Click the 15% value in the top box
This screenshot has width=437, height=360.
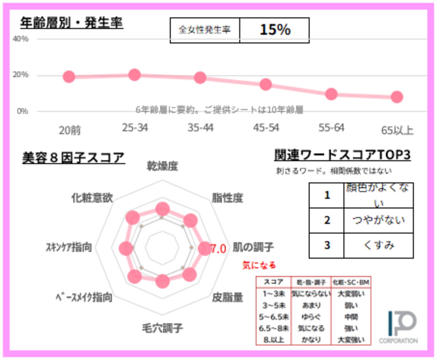(x=275, y=30)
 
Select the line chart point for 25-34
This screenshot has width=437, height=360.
(x=135, y=75)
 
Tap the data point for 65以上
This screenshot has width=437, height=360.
(x=397, y=97)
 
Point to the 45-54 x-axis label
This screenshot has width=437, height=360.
(x=266, y=128)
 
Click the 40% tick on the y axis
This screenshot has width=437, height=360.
(x=20, y=39)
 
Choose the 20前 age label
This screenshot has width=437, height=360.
(x=70, y=130)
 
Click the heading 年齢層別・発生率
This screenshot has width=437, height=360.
(x=71, y=23)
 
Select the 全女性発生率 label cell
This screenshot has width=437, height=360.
(x=205, y=30)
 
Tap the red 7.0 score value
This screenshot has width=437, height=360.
(x=218, y=248)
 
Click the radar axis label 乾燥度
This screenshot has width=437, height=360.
(x=163, y=166)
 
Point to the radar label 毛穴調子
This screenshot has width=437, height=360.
(x=163, y=328)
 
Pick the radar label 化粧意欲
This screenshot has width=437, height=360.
(x=92, y=198)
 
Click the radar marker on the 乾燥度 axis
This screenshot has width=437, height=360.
(x=163, y=209)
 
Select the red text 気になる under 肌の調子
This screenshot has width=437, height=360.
(x=259, y=265)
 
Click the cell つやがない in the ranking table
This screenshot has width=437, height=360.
(x=379, y=220)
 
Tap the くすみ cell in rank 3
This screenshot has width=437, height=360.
(x=379, y=245)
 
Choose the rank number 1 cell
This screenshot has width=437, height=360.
(x=327, y=195)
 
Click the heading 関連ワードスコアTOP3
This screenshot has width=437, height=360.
(x=342, y=155)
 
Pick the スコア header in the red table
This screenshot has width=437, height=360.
(x=273, y=282)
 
